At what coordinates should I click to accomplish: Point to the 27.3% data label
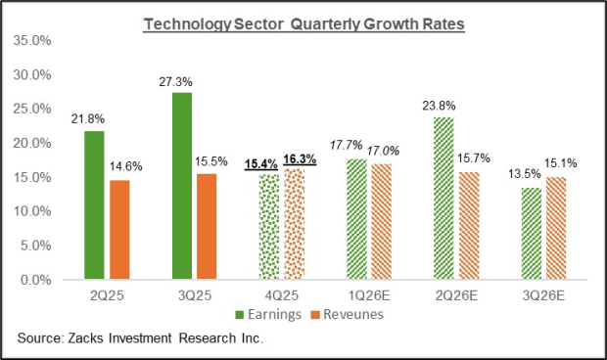[x=181, y=82]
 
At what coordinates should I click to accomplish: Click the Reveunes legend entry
[x=339, y=314]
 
